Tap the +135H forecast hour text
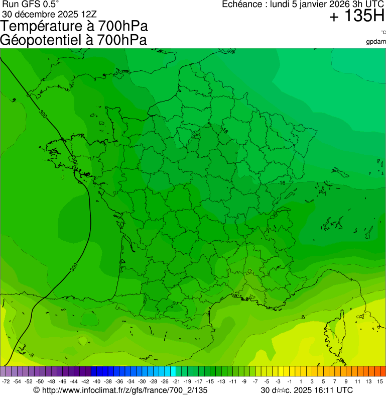[357, 17]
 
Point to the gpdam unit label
[376, 42]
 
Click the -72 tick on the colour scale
[6, 382]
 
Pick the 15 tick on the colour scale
[380, 382]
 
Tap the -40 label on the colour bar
[96, 382]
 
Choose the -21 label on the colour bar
[176, 382]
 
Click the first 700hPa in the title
[123, 26]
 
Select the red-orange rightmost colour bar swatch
[382, 371]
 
